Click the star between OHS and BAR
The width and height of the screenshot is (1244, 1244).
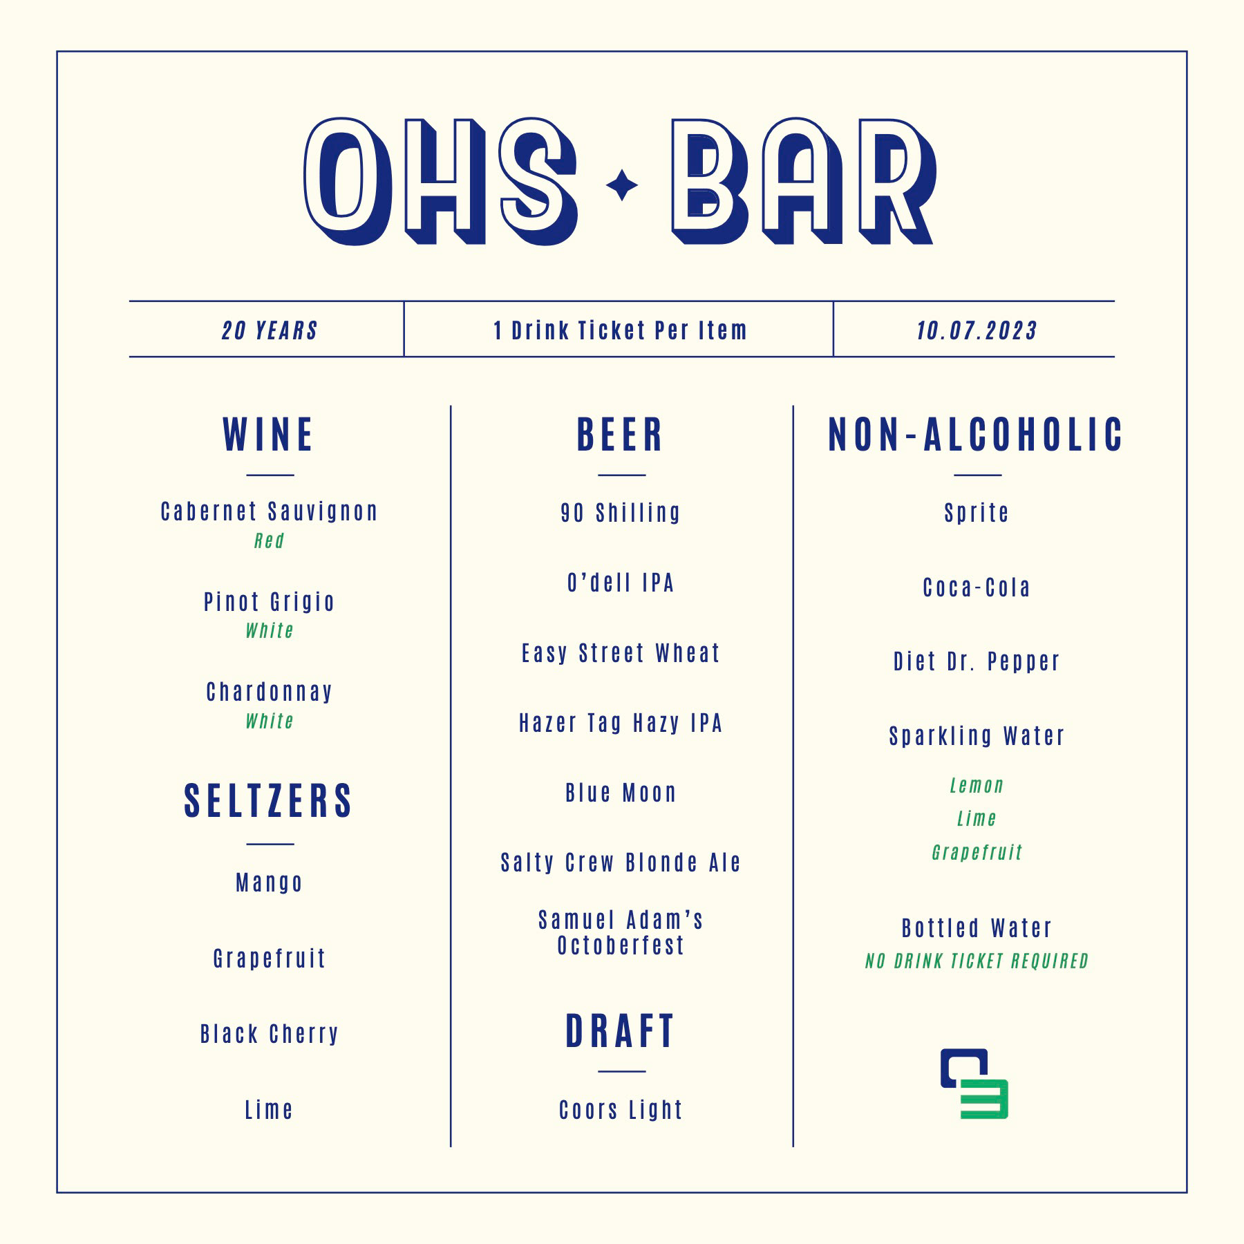tap(622, 185)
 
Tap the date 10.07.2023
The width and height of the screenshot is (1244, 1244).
tap(977, 330)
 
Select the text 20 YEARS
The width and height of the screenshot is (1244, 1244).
tap(270, 330)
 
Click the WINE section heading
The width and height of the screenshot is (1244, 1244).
tap(268, 435)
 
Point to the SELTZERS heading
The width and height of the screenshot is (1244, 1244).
tap(268, 801)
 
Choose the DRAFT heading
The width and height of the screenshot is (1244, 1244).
tap(620, 1031)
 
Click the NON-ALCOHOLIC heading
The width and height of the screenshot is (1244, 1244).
tap(976, 435)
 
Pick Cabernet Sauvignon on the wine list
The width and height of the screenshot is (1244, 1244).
tap(269, 511)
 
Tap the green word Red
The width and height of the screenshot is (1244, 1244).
tap(269, 540)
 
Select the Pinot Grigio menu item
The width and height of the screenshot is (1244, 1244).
tap(269, 602)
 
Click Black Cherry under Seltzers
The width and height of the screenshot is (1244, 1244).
tap(269, 1034)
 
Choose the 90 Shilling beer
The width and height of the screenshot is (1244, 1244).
tap(621, 513)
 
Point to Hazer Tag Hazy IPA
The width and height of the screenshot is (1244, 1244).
tap(621, 723)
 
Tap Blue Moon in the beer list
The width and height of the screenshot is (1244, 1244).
tap(621, 793)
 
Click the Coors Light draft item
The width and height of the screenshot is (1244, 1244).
tap(621, 1110)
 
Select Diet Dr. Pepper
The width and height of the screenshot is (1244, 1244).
tap(977, 661)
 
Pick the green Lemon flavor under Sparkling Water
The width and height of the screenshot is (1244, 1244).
tap(977, 785)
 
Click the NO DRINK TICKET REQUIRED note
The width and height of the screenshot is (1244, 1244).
tap(977, 961)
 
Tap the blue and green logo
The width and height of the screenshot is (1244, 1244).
tap(974, 1084)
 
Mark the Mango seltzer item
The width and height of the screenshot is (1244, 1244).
tap(269, 883)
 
